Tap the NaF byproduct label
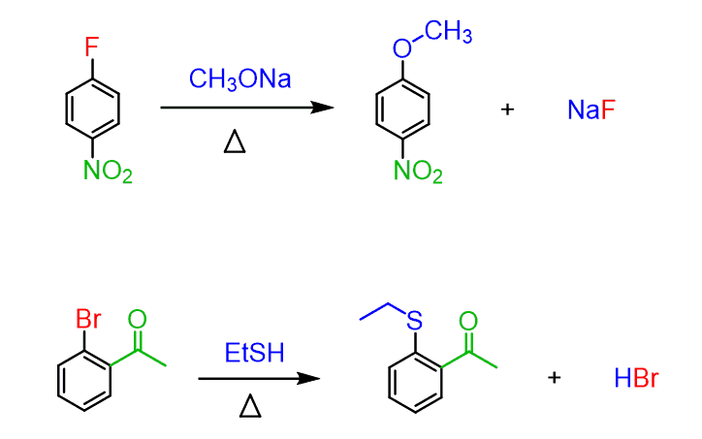tap(591, 110)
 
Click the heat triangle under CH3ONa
tap(236, 142)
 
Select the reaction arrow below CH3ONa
tap(247, 108)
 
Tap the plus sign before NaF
tap(507, 110)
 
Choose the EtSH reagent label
tap(255, 354)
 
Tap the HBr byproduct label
tap(636, 378)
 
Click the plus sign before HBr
tap(554, 377)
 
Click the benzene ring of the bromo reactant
tap(85, 380)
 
